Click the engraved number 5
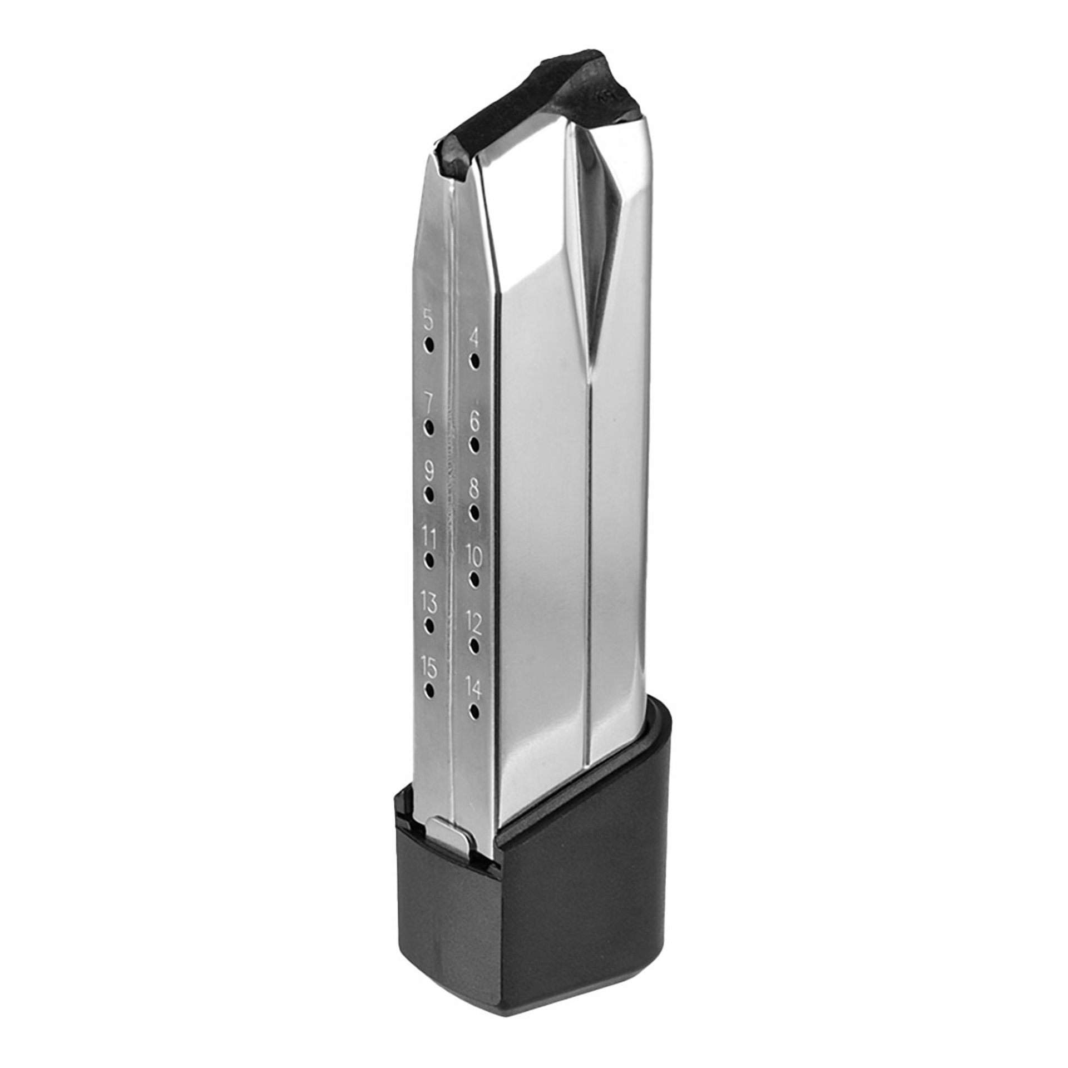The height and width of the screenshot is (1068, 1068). (x=428, y=320)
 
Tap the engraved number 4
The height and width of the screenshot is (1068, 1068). (x=474, y=337)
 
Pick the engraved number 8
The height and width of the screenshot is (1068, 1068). (x=474, y=490)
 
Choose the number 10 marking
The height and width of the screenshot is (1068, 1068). (x=474, y=555)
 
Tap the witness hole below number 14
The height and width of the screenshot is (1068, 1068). (x=474, y=711)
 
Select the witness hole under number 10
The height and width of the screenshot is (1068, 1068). (x=474, y=580)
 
